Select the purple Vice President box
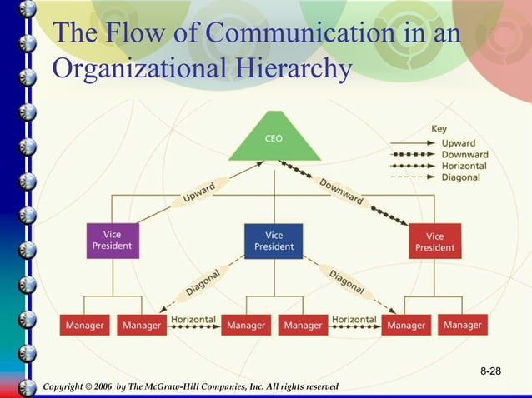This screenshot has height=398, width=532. click(x=112, y=240)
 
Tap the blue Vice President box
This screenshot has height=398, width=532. click(x=274, y=241)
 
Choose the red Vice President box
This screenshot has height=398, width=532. click(x=434, y=241)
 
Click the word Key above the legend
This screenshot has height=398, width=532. click(x=439, y=129)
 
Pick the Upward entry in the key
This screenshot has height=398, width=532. click(x=458, y=143)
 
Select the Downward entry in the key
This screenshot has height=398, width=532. click(x=464, y=155)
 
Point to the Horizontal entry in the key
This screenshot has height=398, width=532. click(x=464, y=166)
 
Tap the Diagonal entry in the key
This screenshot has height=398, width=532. click(x=460, y=177)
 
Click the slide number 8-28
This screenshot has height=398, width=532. click(x=490, y=369)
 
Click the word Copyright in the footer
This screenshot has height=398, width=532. click(x=68, y=387)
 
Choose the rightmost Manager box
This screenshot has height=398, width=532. click(x=463, y=325)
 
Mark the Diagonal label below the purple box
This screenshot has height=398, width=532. click(x=203, y=281)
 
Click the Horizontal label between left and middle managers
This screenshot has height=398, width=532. click(x=193, y=320)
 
